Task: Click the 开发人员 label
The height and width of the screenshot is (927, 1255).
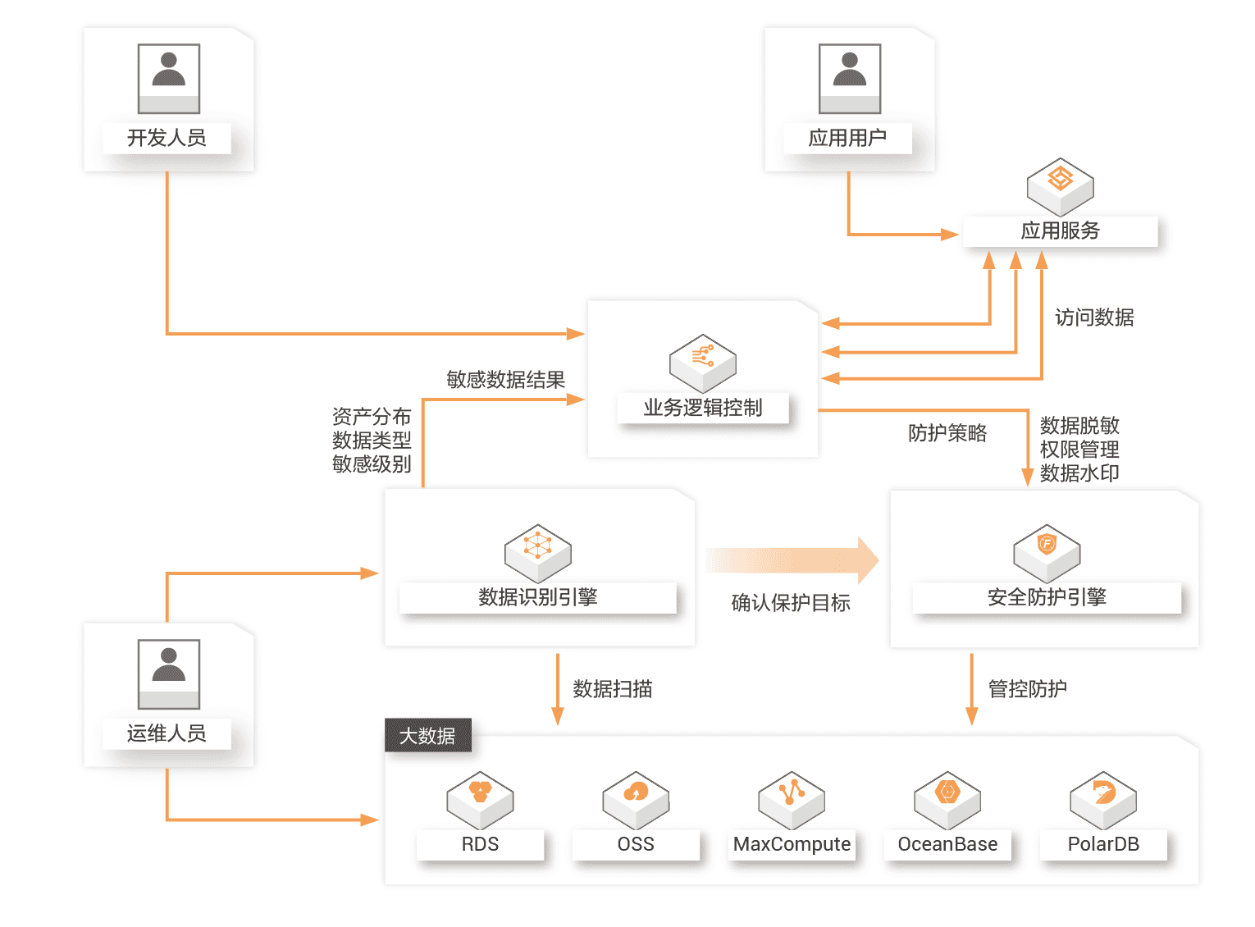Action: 167,138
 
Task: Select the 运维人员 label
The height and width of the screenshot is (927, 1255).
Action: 167,733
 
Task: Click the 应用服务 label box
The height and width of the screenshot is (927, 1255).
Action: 1060,231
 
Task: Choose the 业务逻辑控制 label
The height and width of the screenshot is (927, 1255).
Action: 703,408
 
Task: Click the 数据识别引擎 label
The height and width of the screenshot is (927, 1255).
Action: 538,597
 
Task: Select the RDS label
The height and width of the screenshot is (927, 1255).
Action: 480,844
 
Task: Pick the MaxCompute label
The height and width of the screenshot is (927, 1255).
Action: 792,844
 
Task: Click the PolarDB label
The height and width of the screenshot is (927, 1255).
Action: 1103,844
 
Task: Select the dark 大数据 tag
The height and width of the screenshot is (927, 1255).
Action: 427,736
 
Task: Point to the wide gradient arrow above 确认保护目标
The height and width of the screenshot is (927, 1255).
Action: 792,560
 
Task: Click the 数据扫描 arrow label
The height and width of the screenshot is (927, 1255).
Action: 612,689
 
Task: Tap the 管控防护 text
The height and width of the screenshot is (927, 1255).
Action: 1027,689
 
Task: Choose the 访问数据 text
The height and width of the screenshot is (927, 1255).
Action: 1094,317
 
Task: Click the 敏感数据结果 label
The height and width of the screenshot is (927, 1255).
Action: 505,380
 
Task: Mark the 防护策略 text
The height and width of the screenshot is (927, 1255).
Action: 947,433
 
